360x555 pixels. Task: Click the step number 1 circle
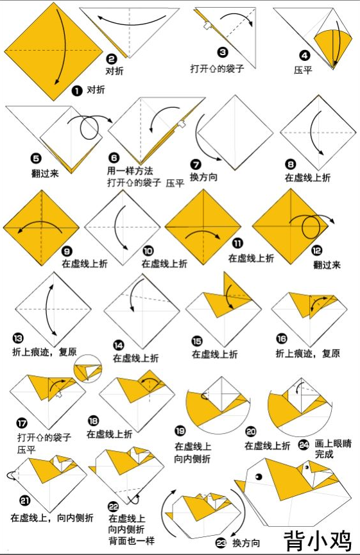point(77,91)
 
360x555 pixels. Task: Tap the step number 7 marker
point(196,164)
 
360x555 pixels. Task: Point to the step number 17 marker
point(22,423)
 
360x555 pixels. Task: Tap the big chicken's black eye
point(260,477)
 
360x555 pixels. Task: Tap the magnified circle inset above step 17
point(87,369)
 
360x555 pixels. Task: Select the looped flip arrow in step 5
point(90,127)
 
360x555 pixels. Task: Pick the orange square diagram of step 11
point(203,227)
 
